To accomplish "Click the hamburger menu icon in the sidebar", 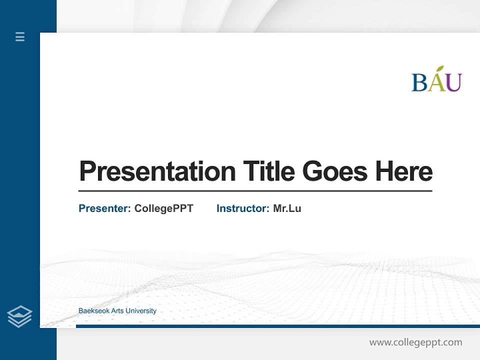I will (20, 36).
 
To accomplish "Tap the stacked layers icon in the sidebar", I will (19, 316).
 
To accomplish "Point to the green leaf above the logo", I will (440, 69).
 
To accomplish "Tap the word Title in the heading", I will (269, 171).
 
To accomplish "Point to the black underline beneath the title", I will (255, 190).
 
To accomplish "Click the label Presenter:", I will (105, 208).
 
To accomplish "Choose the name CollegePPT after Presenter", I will (163, 208).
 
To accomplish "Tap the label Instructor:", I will (243, 208).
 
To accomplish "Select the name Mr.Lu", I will (287, 208).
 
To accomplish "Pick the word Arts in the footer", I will (117, 311).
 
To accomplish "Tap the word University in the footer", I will (141, 311).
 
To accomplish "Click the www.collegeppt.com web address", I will (415, 342).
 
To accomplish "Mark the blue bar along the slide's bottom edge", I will (277, 326).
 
